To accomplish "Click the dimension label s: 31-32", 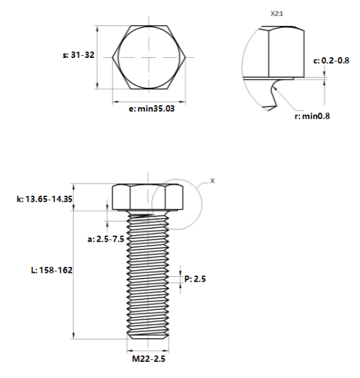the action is pos(79,55).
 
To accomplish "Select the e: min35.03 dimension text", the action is pos(152,108).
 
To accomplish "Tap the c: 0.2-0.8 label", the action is pos(331,61).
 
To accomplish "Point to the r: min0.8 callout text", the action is pos(312,116).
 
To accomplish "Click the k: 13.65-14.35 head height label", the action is pos(45,199).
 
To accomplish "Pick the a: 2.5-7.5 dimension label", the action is pos(106,239).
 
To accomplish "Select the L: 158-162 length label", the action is pos(52,270).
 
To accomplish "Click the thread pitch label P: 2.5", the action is pos(195,279).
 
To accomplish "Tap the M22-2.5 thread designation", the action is pos(148,359).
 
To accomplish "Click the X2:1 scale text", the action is pos(277,14).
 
